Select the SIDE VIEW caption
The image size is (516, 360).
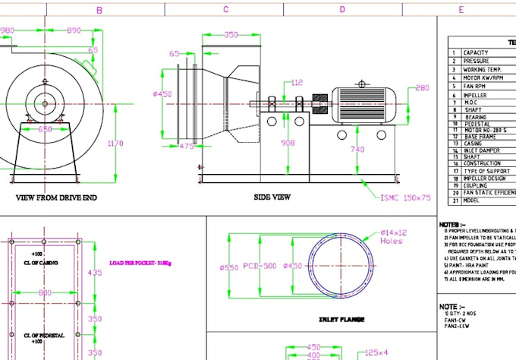click(272, 197)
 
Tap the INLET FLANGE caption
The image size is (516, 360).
click(341, 320)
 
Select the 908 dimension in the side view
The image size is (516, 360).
click(289, 142)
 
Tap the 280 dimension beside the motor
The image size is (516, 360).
click(423, 88)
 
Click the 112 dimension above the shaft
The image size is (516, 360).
click(297, 82)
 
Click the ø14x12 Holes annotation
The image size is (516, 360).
click(394, 236)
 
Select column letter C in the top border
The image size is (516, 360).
click(225, 10)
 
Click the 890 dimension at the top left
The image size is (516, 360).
click(73, 30)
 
